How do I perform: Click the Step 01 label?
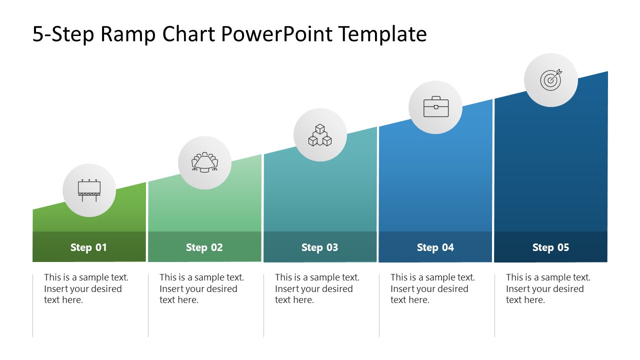88,247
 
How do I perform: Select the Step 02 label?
204,247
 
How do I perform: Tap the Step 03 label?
319,247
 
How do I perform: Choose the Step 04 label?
435,247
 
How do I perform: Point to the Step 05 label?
550,247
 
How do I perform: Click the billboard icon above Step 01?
89,190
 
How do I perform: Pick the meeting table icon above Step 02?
204,162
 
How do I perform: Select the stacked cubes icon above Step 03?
320,135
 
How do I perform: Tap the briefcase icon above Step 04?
435,107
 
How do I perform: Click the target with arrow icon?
550,80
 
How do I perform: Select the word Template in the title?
382,34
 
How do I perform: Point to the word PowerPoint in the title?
276,34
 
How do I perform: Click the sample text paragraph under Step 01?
86,288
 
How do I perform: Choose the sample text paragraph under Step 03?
317,288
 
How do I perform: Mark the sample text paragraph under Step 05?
548,288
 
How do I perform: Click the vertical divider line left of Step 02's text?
148,305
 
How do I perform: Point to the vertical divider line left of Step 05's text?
495,305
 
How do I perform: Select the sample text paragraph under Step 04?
432,288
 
